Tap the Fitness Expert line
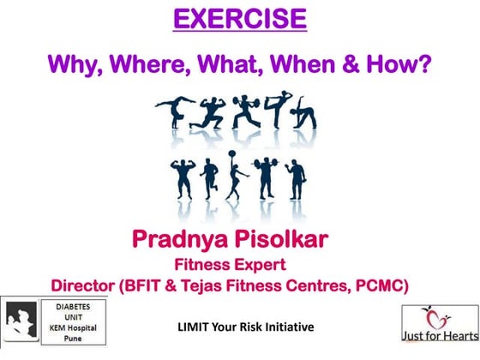click(x=239, y=263)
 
